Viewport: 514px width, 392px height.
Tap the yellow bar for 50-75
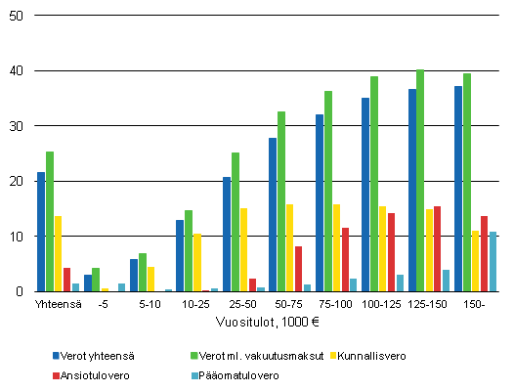pyautogui.click(x=290, y=247)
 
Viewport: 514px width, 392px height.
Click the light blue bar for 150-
pyautogui.click(x=493, y=261)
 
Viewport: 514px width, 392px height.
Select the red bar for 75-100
pyautogui.click(x=345, y=259)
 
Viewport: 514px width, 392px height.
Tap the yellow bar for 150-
pyautogui.click(x=476, y=261)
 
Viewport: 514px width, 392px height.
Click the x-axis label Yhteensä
pyautogui.click(x=52, y=305)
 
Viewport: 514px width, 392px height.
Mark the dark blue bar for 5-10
pyautogui.click(x=134, y=275)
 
